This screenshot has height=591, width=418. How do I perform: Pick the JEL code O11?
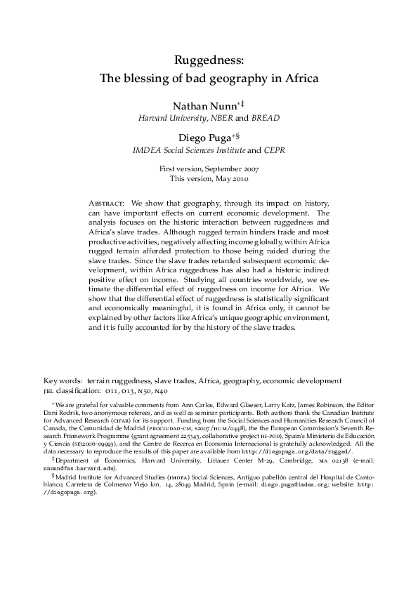pyautogui.click(x=110, y=391)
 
